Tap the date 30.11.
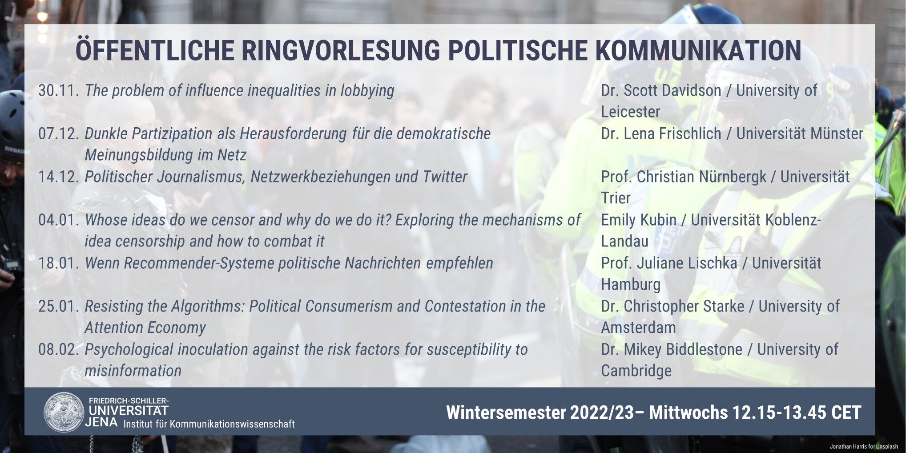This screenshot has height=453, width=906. click(59, 90)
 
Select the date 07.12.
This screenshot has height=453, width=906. click(59, 133)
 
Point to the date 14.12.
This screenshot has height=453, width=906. click(59, 177)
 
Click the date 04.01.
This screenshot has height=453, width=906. click(59, 220)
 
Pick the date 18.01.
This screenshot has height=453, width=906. click(59, 263)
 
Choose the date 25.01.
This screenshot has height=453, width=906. click(59, 306)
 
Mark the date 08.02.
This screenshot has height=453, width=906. click(59, 349)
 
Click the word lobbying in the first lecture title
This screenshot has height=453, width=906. click(367, 91)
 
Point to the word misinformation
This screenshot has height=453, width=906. click(133, 371)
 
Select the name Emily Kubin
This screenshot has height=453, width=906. click(639, 220)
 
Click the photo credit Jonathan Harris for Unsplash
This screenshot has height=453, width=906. click(864, 446)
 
